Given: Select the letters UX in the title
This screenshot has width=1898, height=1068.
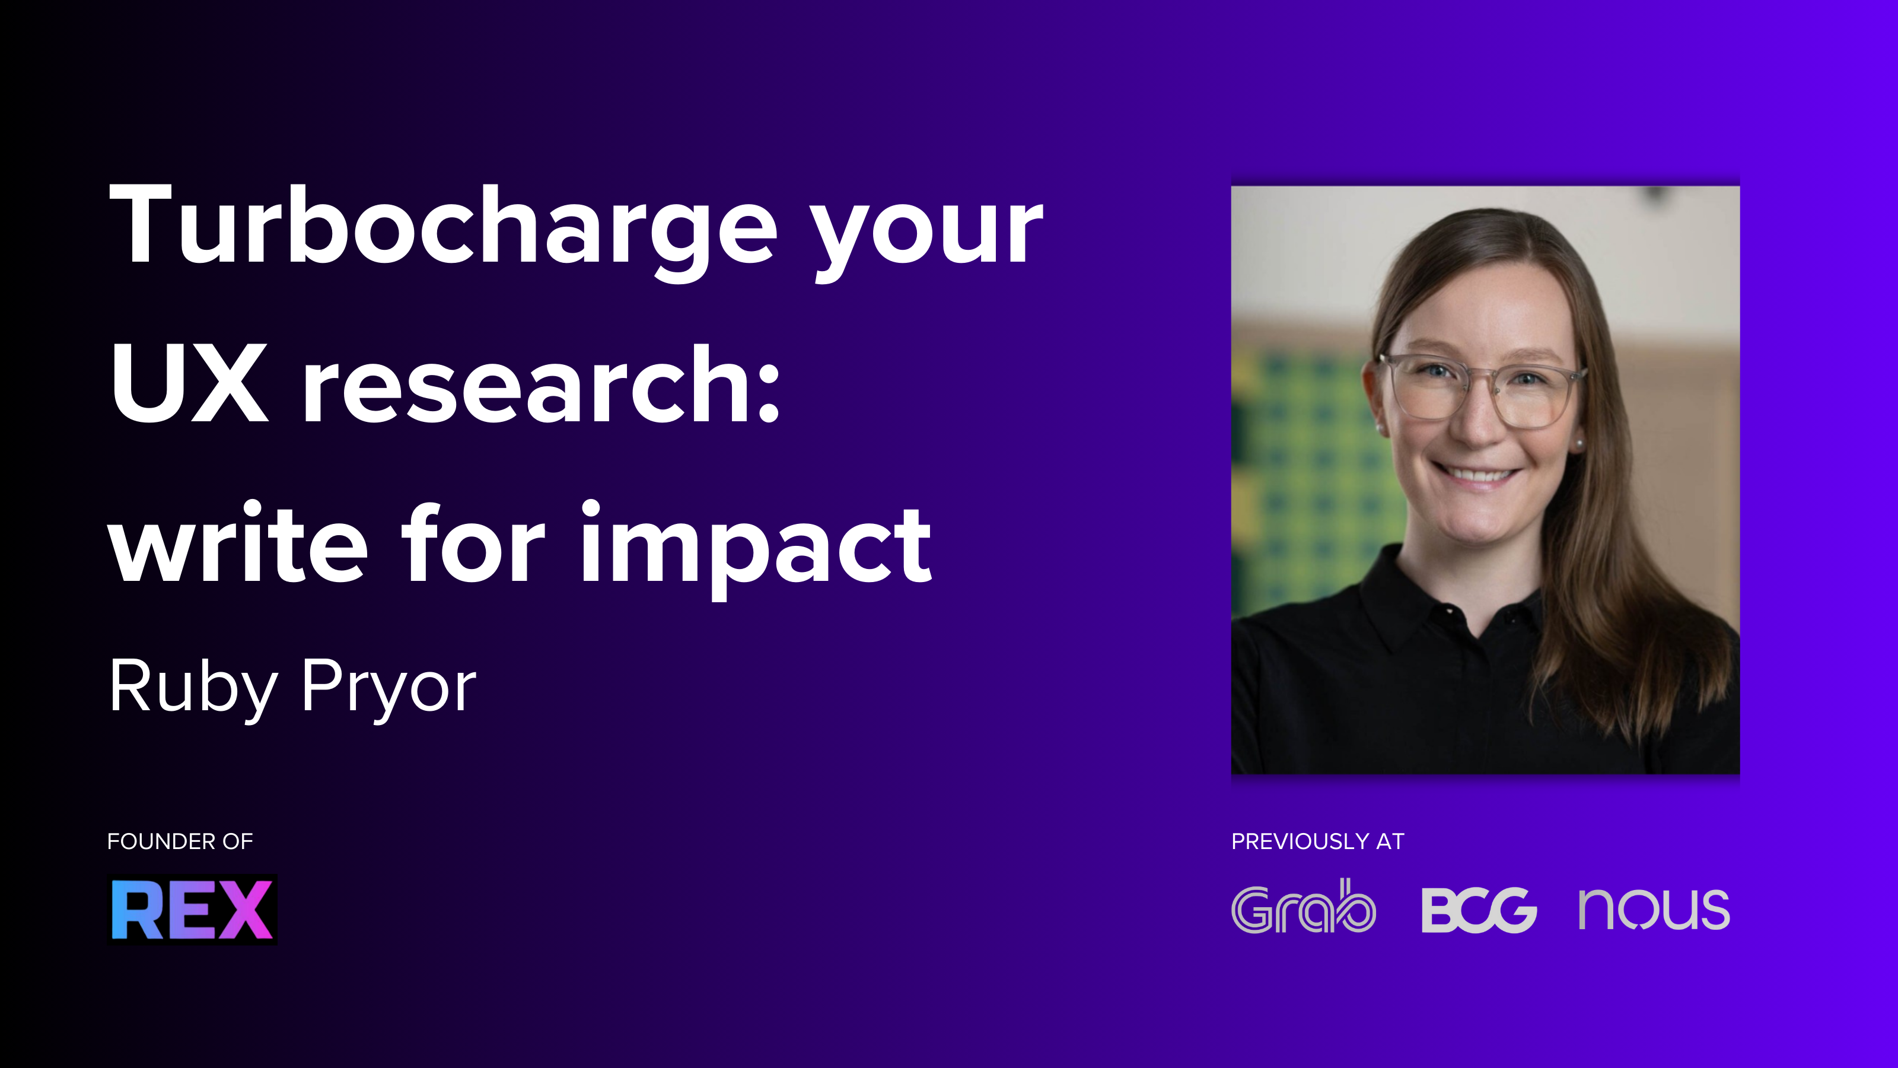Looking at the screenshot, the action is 189,383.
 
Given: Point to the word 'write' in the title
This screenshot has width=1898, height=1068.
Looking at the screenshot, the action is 238,542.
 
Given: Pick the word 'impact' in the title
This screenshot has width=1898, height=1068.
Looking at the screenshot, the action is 756,549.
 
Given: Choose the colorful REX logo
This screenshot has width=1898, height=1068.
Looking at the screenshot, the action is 193,910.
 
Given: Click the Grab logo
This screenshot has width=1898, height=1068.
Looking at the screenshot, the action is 1304,907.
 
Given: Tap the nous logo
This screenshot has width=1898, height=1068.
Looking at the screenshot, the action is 1654,910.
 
